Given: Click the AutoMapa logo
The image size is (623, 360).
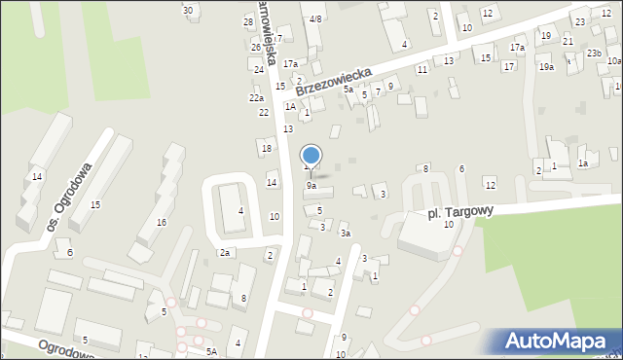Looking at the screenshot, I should click(x=560, y=342).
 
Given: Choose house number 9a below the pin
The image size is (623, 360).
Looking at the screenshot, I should click(x=311, y=185).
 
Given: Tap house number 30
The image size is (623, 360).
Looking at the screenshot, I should click(x=188, y=10).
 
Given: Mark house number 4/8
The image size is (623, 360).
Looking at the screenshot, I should click(x=315, y=18).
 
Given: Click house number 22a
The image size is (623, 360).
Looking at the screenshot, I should click(x=256, y=97).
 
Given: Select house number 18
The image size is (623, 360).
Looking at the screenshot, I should click(x=266, y=148).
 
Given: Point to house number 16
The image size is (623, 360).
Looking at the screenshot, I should click(x=162, y=222).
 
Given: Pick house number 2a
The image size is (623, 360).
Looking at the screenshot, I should click(x=224, y=253).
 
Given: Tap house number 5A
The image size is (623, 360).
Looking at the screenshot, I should click(x=211, y=351).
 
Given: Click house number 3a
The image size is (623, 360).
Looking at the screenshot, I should click(x=345, y=234).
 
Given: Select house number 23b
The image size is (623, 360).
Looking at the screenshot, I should click(x=594, y=54).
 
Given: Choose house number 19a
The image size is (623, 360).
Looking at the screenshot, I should click(x=547, y=66).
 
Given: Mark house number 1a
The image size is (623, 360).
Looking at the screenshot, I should click(x=583, y=163).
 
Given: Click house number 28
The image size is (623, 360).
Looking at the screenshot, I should click(x=248, y=21).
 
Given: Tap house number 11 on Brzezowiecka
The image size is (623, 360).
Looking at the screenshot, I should click(x=421, y=70).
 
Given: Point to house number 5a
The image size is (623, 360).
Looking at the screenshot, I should click(x=348, y=89).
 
